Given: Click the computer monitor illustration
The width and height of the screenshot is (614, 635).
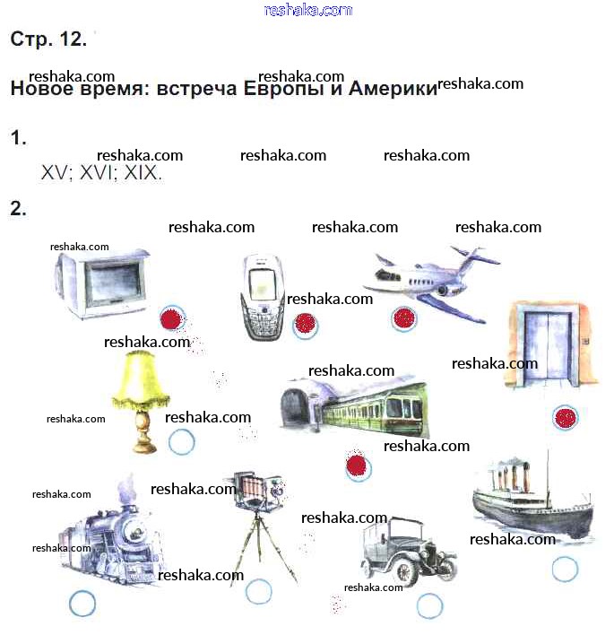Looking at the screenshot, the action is pyautogui.click(x=101, y=283).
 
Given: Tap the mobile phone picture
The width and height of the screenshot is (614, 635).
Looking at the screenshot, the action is pyautogui.click(x=264, y=297).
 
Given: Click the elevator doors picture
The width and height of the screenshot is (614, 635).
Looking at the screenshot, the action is pyautogui.click(x=550, y=344).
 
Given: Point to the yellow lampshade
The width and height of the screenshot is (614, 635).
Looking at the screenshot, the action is pyautogui.click(x=141, y=378).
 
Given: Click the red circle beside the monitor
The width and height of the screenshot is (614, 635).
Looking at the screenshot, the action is pyautogui.click(x=172, y=318).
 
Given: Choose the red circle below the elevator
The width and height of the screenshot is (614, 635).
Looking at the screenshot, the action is pyautogui.click(x=566, y=418).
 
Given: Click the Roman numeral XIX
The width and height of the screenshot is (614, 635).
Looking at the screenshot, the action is pyautogui.click(x=143, y=173).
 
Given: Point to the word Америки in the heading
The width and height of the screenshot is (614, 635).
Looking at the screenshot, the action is pyautogui.click(x=393, y=88).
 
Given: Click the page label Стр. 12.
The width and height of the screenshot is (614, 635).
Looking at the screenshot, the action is pyautogui.click(x=48, y=39).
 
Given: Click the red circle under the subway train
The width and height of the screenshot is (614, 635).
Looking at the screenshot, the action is pyautogui.click(x=359, y=467).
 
